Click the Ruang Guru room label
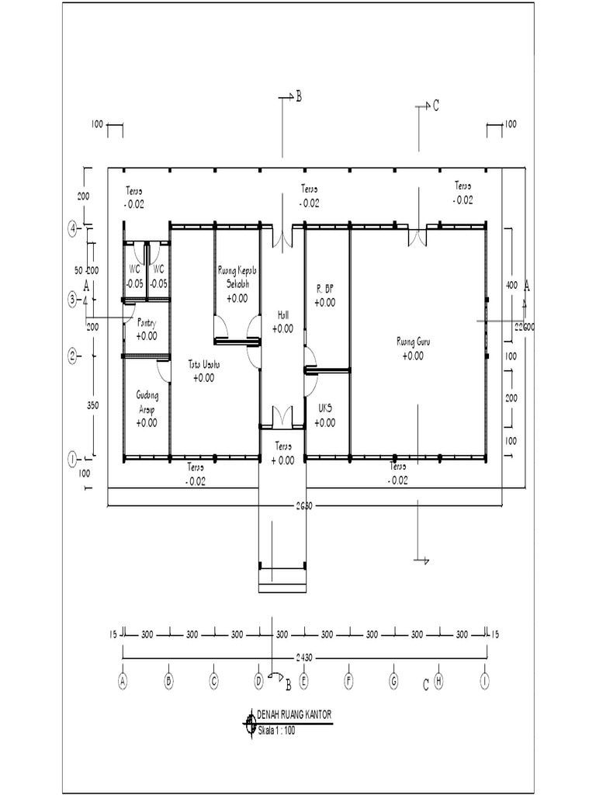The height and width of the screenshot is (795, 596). (414, 341)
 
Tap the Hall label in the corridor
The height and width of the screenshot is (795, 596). (282, 316)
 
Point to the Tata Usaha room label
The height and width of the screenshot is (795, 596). (204, 364)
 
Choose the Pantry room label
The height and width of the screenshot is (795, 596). (147, 322)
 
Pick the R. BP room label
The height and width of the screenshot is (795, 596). (325, 288)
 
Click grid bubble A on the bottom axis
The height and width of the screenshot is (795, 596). (123, 681)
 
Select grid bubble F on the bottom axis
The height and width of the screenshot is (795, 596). (348, 681)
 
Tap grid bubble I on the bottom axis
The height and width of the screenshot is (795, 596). (486, 681)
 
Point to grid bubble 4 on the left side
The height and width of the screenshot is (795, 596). (72, 229)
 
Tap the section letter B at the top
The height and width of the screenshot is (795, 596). (297, 96)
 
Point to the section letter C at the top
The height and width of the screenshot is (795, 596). (436, 106)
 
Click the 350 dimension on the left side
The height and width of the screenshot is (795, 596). (92, 404)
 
